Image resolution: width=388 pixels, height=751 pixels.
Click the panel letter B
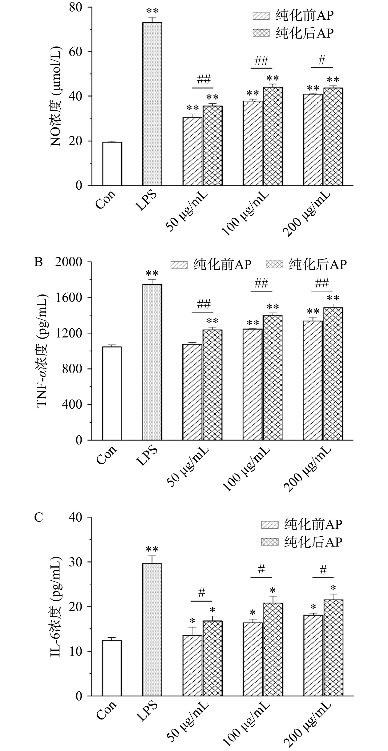tap(38, 262)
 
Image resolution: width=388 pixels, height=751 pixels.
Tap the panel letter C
tap(38, 518)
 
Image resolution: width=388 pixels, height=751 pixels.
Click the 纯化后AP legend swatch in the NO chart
tap(261, 33)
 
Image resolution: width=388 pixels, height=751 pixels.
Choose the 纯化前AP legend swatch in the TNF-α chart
tap(179, 265)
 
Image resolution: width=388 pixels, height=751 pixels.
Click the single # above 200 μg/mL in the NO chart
tap(322, 60)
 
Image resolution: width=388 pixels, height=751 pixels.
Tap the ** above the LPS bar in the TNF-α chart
tap(152, 274)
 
